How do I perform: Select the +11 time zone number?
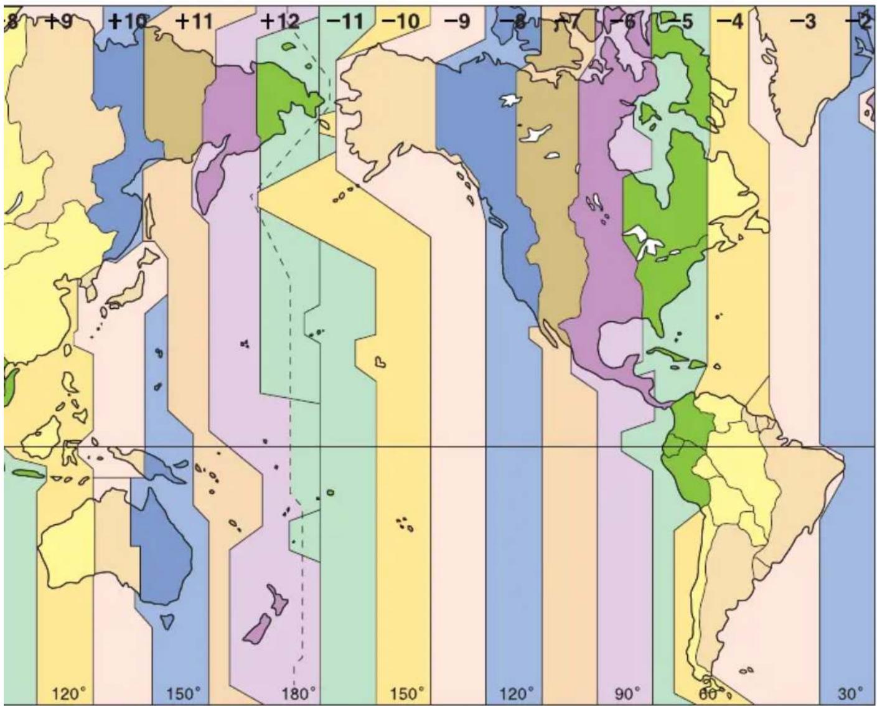194,22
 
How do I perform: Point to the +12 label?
279,22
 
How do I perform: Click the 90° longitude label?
627,693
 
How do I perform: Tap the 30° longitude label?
850,693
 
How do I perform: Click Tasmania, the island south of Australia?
166,621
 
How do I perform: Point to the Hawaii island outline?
379,362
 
